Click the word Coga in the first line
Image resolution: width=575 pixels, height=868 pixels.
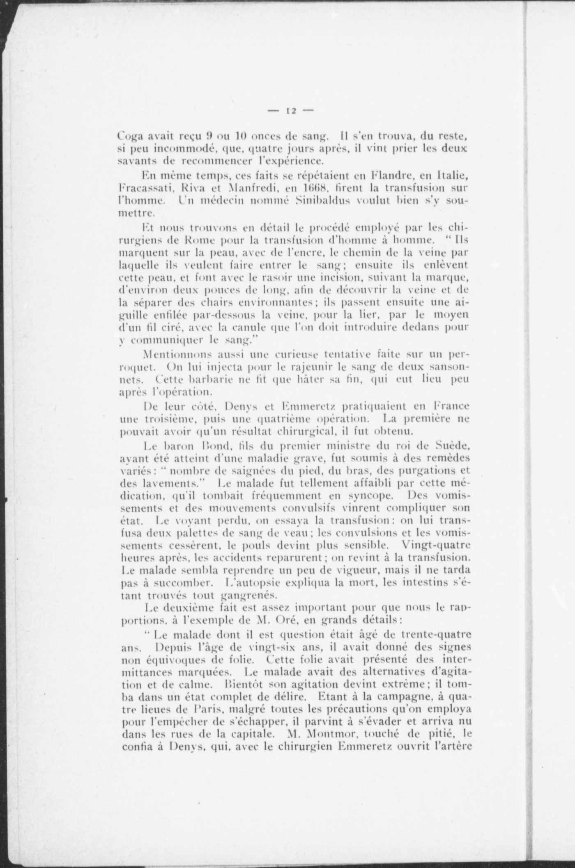[129, 136]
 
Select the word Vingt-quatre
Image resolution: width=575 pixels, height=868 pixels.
[437, 546]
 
